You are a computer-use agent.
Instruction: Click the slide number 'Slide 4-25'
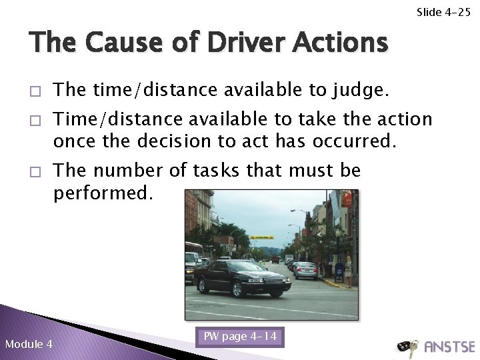point(443,12)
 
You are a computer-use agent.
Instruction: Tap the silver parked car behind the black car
point(305,270)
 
